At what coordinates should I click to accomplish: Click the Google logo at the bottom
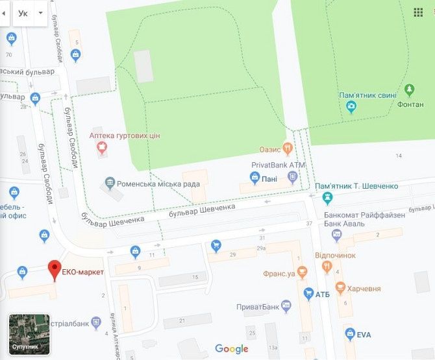(x=232, y=349)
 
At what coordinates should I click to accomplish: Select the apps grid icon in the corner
(x=418, y=12)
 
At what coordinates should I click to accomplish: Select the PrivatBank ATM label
(x=278, y=165)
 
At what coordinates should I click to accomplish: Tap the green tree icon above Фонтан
(x=409, y=90)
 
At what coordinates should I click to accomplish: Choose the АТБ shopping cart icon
(x=308, y=294)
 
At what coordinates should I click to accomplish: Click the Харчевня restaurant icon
(x=340, y=288)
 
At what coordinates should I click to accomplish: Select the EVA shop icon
(x=349, y=334)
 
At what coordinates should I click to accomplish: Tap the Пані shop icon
(x=255, y=178)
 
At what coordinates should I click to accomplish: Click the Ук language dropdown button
(x=30, y=13)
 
